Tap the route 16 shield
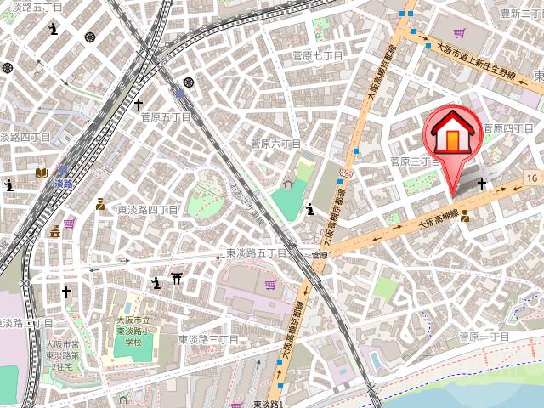[531, 177]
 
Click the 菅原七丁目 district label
[317, 56]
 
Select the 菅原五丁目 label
[167, 117]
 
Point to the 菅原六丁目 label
[275, 144]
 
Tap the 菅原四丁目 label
[507, 128]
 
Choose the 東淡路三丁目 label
[208, 339]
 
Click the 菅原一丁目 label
[484, 337]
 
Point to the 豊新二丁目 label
[521, 14]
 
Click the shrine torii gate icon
[177, 278]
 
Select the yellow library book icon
[41, 173]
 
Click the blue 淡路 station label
[63, 184]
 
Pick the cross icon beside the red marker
[482, 184]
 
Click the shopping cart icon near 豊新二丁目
[459, 33]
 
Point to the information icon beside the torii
[156, 283]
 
